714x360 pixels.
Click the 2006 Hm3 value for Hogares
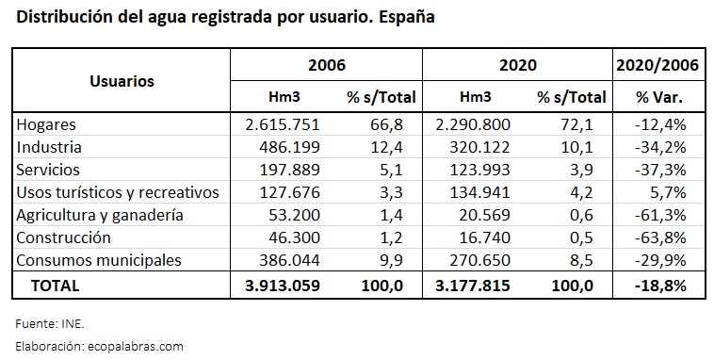coord(283,124)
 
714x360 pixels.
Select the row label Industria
coord(50,147)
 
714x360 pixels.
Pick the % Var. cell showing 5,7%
coord(668,192)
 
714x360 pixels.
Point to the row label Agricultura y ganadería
coord(99,215)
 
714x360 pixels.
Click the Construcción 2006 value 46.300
coord(292,237)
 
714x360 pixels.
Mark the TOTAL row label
coord(56,285)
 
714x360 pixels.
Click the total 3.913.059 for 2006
coord(282,285)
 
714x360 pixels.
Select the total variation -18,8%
coord(663,285)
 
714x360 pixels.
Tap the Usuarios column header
coord(122,81)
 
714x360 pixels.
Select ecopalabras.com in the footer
coord(140,346)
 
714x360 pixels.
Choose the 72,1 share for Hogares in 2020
coord(579,124)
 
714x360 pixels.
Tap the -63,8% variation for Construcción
coord(663,237)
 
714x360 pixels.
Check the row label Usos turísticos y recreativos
coord(118,192)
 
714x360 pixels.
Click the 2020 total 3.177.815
coord(467,285)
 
